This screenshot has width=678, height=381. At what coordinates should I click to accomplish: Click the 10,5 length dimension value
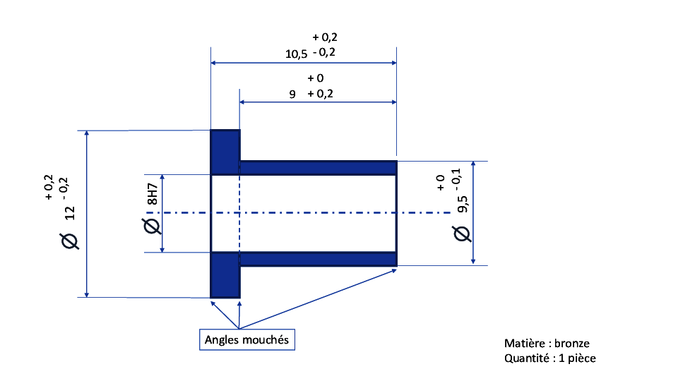click(x=296, y=54)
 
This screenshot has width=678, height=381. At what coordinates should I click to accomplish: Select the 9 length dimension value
click(x=292, y=94)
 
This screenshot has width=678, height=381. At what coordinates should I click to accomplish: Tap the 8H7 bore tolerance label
click(x=153, y=194)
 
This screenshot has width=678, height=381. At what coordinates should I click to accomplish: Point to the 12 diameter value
click(x=70, y=213)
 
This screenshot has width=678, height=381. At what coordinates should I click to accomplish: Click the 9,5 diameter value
click(x=462, y=204)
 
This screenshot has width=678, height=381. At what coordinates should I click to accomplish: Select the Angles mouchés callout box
click(x=247, y=339)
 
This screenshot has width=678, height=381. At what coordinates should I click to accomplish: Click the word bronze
click(x=571, y=344)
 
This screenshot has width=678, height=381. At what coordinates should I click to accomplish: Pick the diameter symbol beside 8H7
click(x=152, y=226)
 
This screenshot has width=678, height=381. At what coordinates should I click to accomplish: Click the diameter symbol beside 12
click(x=70, y=241)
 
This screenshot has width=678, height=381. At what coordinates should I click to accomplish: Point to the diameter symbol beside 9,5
click(x=462, y=234)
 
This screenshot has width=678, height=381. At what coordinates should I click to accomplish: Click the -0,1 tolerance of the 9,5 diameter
click(x=456, y=176)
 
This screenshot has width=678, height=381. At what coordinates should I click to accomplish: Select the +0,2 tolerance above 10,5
click(x=325, y=37)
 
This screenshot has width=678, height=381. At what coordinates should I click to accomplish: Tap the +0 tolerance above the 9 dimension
click(x=316, y=78)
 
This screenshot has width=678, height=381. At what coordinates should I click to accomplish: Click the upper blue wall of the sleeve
click(x=319, y=168)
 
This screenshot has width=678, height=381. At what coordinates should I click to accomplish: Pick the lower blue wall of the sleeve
click(x=319, y=259)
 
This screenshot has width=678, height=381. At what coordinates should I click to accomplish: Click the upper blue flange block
click(x=225, y=152)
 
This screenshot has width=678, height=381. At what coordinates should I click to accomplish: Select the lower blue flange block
click(x=225, y=275)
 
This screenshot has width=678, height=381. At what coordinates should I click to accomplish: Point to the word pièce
click(x=581, y=358)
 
